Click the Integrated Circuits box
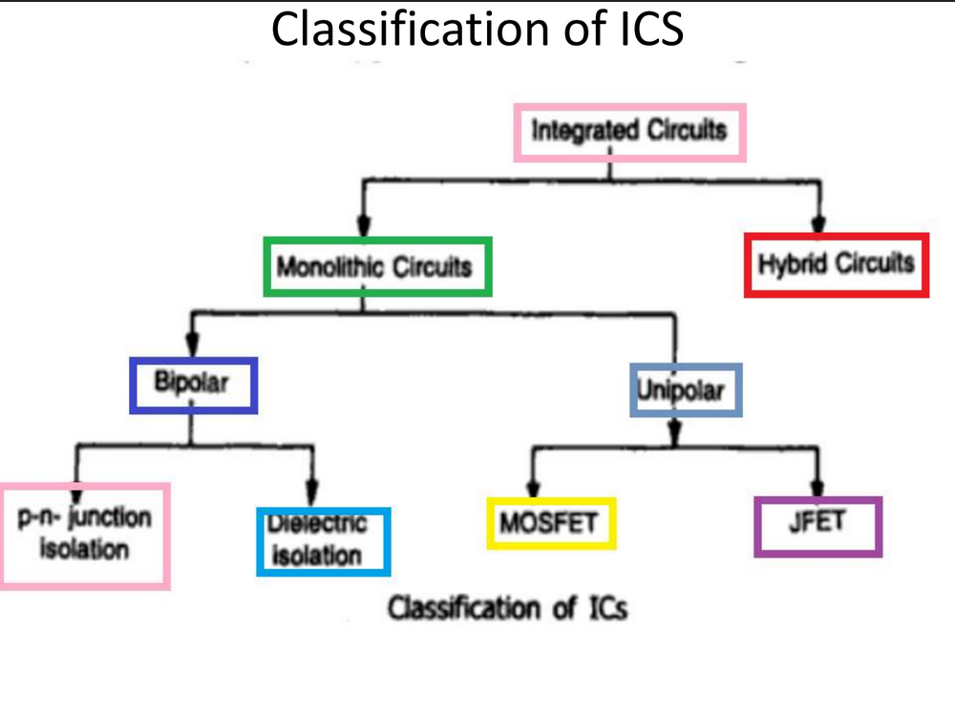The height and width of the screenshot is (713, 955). (628, 131)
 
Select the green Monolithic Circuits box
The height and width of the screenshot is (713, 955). (377, 266)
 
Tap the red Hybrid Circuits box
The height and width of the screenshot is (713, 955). (836, 263)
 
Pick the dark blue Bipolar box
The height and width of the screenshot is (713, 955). (194, 385)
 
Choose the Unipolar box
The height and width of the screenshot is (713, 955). (686, 389)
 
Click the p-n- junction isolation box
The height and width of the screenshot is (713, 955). (84, 535)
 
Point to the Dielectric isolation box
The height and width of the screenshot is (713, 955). (323, 541)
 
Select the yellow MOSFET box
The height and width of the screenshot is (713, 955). (550, 524)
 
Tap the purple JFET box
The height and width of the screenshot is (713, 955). (817, 525)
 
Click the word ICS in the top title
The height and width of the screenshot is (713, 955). (646, 30)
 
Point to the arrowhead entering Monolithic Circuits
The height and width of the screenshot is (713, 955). (361, 228)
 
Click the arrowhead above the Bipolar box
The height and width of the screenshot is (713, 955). (194, 347)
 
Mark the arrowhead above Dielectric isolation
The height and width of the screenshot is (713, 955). (312, 494)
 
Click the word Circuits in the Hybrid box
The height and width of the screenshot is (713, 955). (875, 263)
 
